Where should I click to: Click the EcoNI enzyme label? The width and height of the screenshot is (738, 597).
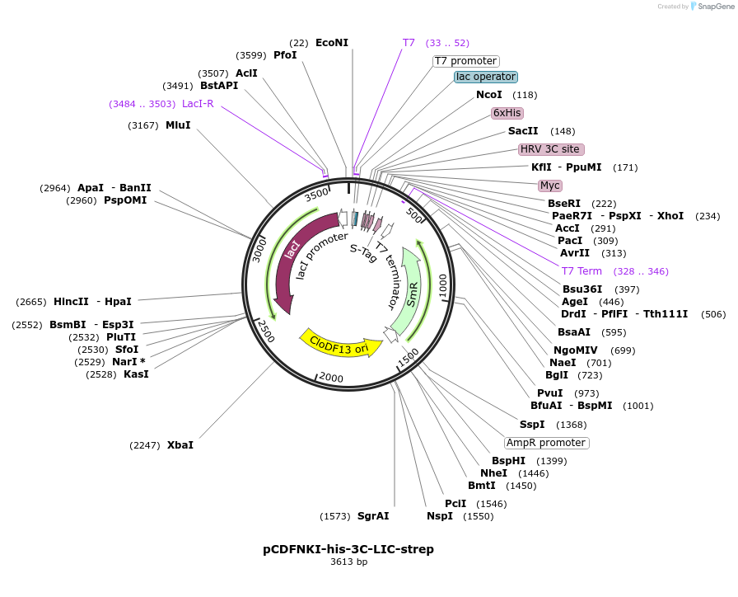click(x=332, y=43)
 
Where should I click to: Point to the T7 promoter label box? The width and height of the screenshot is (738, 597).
click(x=466, y=61)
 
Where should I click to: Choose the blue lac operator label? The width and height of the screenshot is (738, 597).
click(x=486, y=77)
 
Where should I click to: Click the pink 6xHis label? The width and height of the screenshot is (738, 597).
click(x=507, y=113)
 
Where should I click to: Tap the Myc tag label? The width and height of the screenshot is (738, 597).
click(x=549, y=186)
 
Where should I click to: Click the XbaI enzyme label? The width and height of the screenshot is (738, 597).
click(x=180, y=445)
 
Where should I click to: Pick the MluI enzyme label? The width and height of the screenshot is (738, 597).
click(x=178, y=125)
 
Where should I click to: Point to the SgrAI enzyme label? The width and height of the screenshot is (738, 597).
click(x=373, y=516)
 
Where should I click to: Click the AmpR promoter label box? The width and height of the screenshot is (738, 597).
click(x=546, y=443)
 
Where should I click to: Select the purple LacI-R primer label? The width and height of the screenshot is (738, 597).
click(x=198, y=104)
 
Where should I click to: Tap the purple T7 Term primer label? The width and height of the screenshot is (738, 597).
click(x=582, y=271)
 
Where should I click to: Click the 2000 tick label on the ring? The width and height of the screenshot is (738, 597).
click(x=331, y=378)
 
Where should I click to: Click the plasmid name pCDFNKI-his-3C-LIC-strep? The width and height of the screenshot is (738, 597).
click(x=348, y=549)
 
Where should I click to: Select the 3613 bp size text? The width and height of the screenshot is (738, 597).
click(x=348, y=562)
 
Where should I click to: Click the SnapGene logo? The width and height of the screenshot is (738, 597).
click(x=710, y=7)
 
